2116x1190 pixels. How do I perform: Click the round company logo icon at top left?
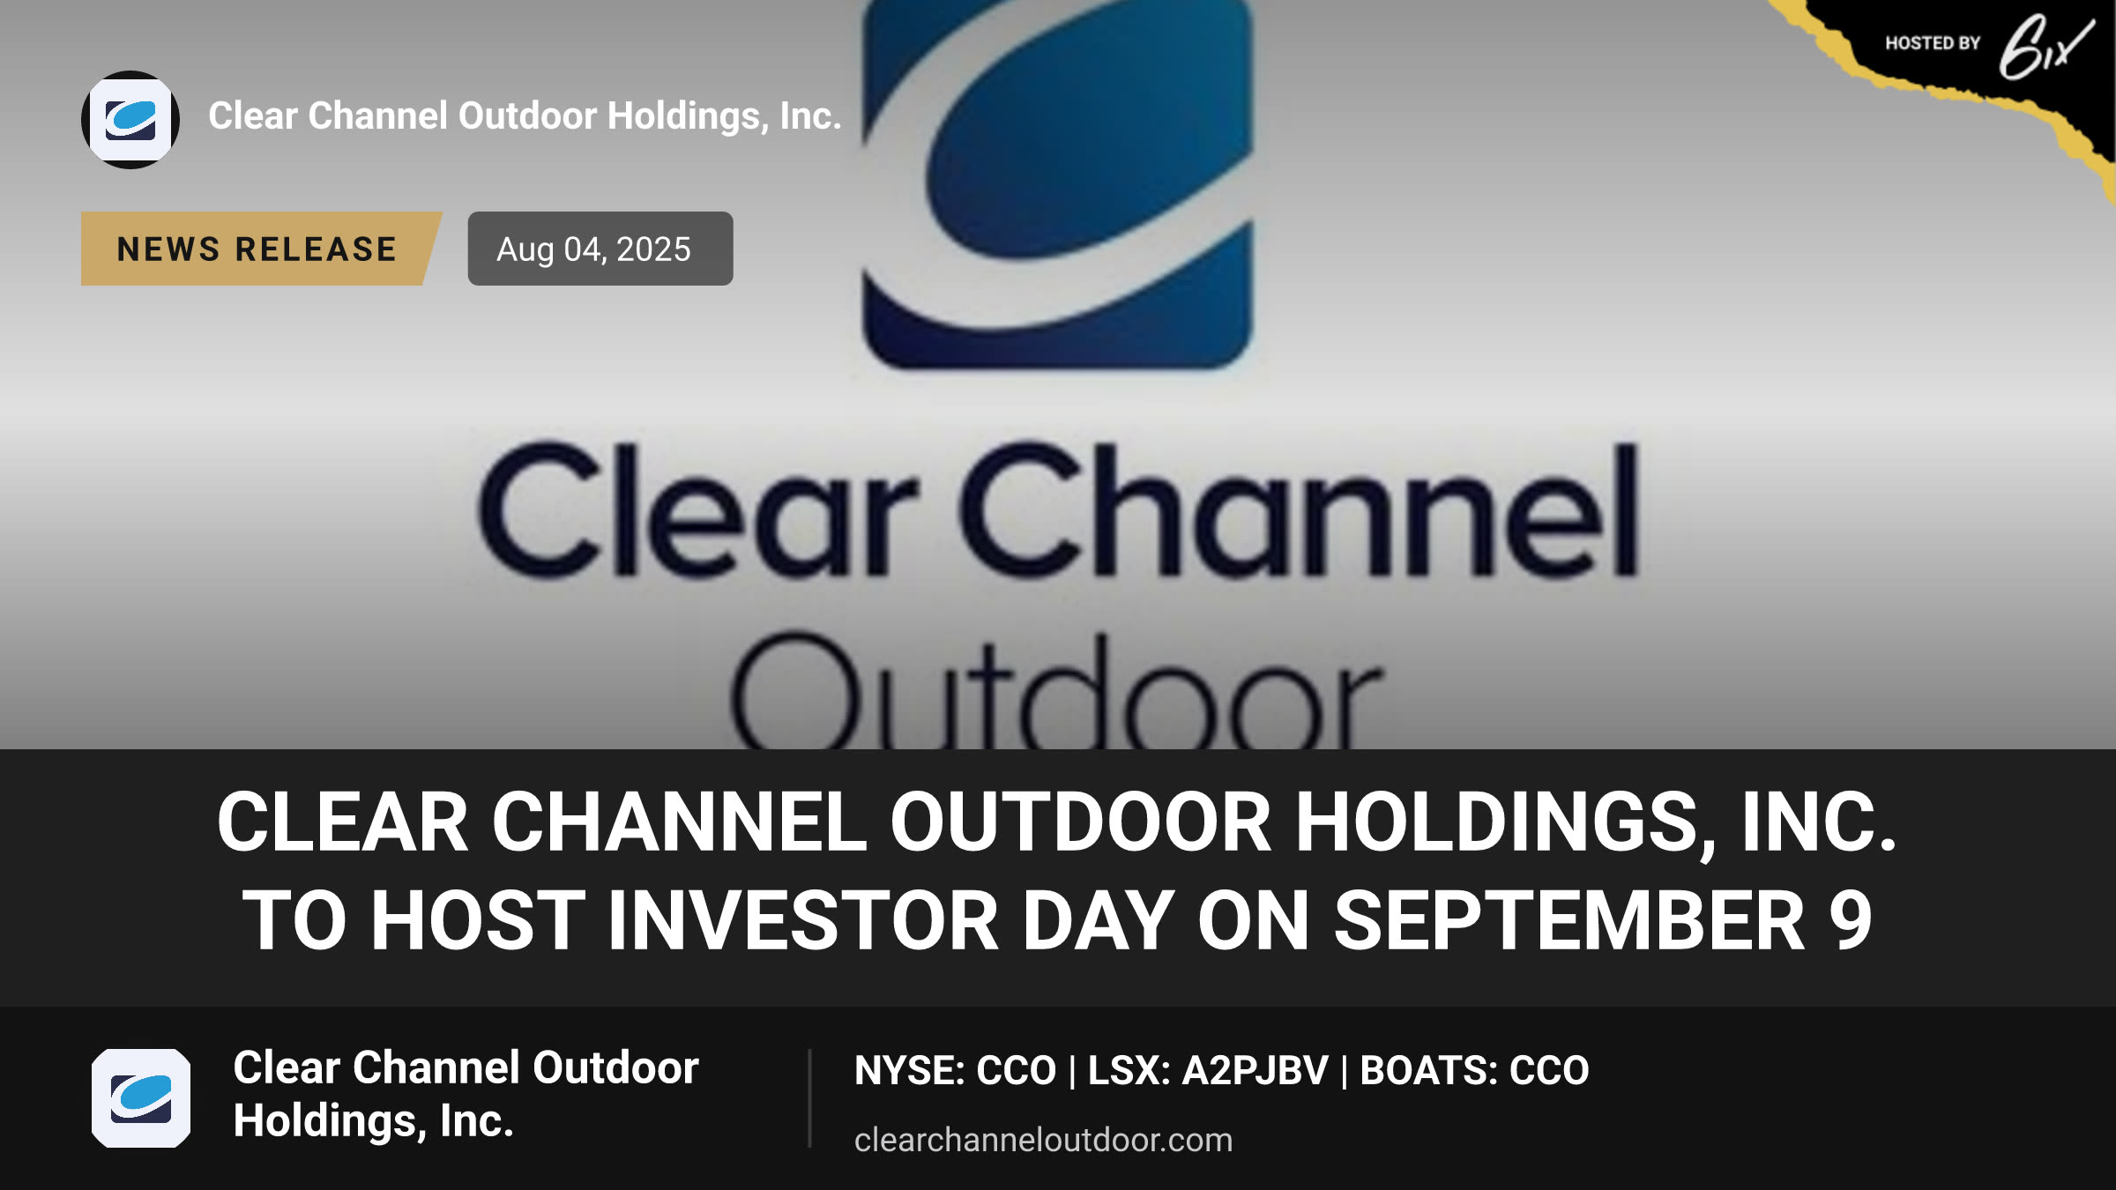130,120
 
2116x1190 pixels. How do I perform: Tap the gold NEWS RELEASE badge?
261,249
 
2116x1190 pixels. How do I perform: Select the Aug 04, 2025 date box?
600,249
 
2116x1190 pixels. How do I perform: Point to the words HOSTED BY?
1933,43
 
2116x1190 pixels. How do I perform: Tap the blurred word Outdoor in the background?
1056,692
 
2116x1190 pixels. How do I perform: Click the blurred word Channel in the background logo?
1299,510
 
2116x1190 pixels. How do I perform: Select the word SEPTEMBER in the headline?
1569,920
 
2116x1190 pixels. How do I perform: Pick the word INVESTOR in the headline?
803,920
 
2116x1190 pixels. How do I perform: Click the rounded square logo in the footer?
141,1098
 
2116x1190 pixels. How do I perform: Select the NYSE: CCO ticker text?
955,1071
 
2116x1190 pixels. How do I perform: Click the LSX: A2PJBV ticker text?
1208,1071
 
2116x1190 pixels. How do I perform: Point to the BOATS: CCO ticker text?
1474,1071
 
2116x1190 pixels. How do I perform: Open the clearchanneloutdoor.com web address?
1043,1140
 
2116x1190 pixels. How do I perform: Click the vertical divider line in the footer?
809,1098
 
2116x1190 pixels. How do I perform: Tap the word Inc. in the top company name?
810,116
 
